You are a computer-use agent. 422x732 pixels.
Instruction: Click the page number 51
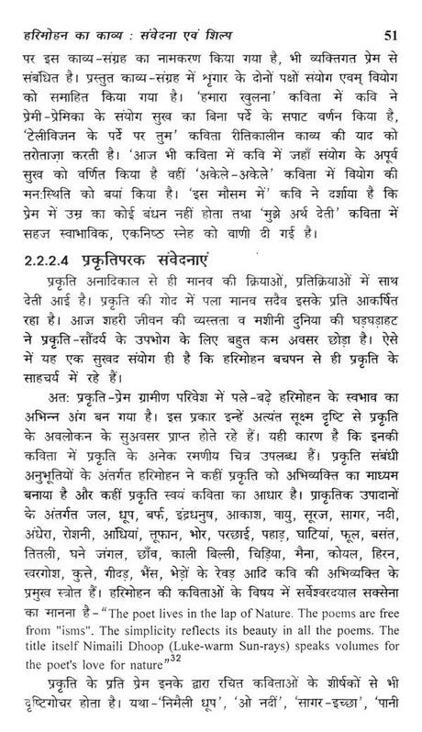pos(400,11)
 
